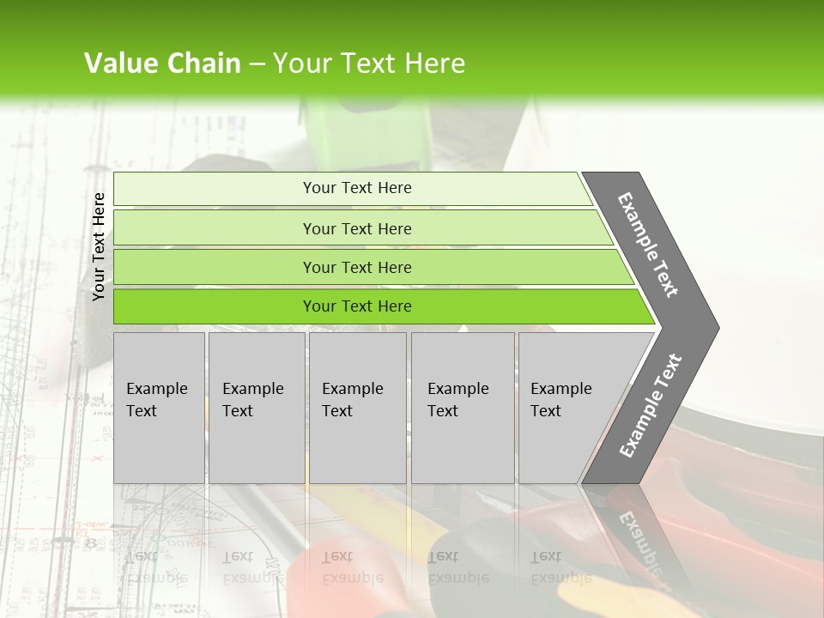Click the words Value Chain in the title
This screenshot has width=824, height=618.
coord(162,64)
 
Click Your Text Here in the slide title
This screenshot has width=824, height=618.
coord(369,64)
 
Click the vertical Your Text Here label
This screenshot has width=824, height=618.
coord(100,246)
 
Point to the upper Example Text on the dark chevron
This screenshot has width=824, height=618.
coord(648,245)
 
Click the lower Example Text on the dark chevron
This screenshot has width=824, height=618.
coord(651,406)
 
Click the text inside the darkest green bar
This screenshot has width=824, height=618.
coord(357,306)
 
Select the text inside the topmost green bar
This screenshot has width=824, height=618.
coord(357,188)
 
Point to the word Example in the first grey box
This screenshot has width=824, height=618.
coord(156,389)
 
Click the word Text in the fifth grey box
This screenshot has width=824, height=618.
coord(545,411)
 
